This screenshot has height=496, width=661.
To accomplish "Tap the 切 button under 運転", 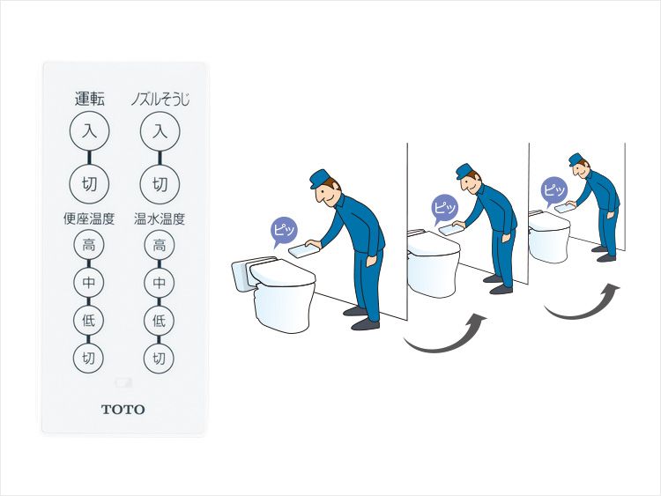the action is tap(89, 184).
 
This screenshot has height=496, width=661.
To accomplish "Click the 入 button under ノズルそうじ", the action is tap(160, 131).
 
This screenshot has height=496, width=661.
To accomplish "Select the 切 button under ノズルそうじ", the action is tap(160, 184).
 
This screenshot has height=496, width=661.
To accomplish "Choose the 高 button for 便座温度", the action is tap(88, 244).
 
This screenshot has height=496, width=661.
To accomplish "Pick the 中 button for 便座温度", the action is tap(88, 282).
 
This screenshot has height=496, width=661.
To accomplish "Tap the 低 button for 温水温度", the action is tap(159, 321).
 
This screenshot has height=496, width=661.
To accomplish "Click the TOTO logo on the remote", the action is tap(123, 409).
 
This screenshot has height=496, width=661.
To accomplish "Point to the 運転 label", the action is tap(89, 99).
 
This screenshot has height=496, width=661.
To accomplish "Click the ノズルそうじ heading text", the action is tap(160, 100).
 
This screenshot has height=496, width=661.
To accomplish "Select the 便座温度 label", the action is tap(89, 218).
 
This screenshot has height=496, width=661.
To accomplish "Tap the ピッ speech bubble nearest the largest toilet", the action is tap(283, 231).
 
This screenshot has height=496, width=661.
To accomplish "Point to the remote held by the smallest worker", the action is tap(565, 207).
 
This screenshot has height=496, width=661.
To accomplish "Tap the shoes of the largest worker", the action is tap(361, 318).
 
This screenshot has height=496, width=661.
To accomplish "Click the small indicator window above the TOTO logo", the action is tap(123, 382).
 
